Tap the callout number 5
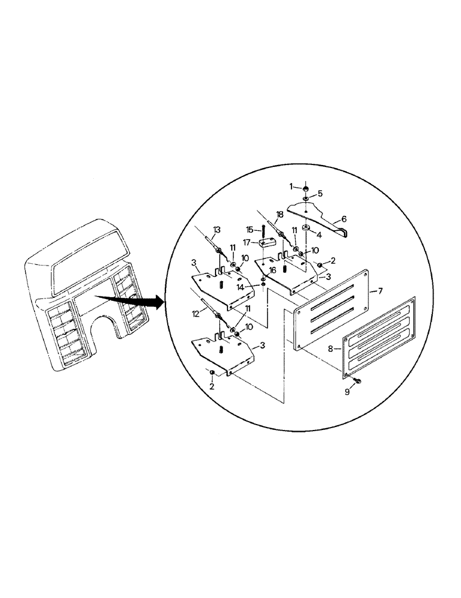pos(321,194)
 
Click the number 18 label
pos(279,213)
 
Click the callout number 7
pos(374,291)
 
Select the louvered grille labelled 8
pos(378,338)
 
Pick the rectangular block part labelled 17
pos(267,244)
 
